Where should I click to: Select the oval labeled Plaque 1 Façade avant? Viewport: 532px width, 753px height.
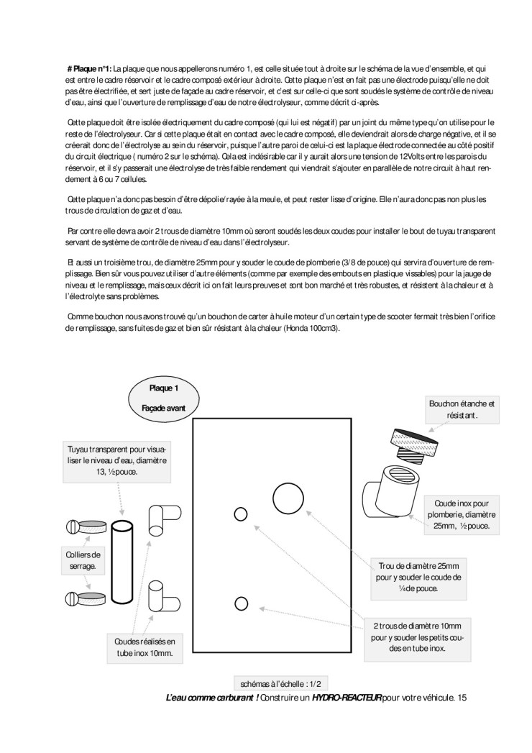[x=163, y=398]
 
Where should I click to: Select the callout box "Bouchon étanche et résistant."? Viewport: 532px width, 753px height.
[x=462, y=410]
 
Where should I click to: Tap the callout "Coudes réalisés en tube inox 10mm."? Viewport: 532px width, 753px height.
[x=145, y=647]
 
